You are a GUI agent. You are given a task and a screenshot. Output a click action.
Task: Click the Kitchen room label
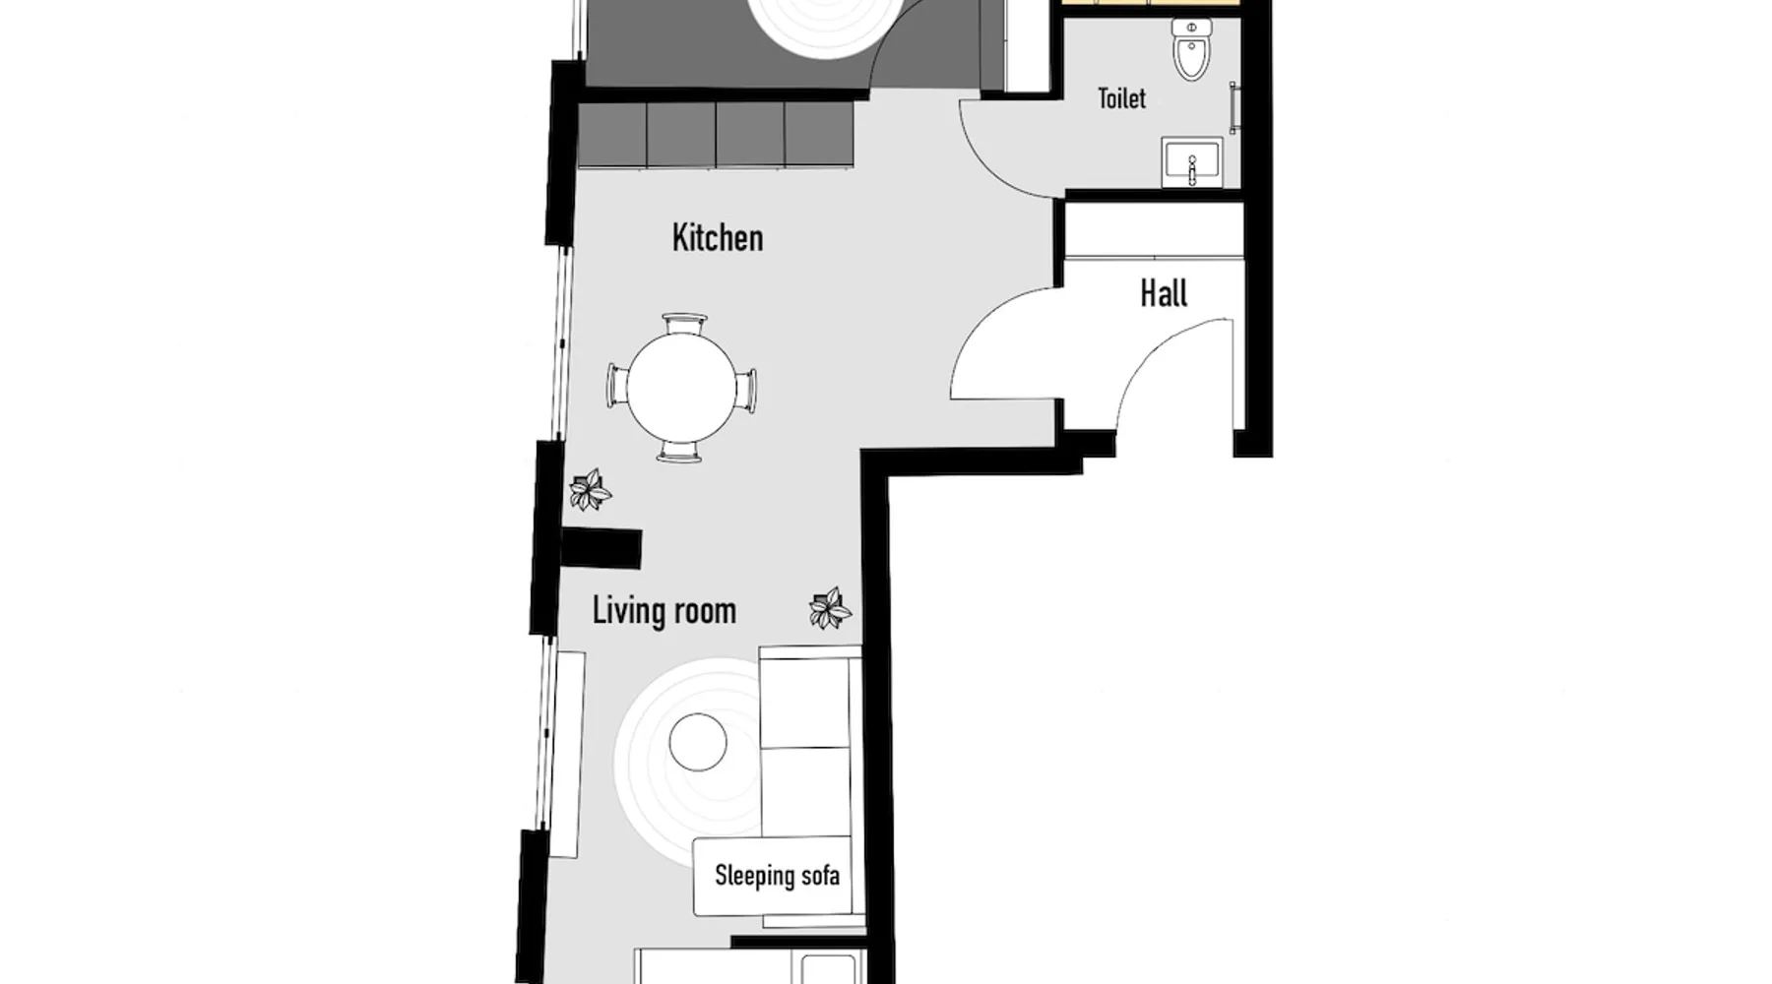coord(718,238)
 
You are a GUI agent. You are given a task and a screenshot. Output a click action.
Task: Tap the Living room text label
coord(664,610)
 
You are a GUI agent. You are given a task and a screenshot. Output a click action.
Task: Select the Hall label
coord(1164,293)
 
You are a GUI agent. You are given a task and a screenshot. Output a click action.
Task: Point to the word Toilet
coord(1122,98)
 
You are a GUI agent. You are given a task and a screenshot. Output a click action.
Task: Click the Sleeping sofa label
coord(777,875)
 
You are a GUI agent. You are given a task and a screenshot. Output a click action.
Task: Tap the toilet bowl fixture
coord(1191,49)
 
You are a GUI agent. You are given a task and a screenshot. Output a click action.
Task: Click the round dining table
coord(682,387)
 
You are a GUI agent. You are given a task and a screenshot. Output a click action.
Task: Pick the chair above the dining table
coord(684,324)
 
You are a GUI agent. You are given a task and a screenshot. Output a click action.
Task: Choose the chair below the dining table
coord(680,451)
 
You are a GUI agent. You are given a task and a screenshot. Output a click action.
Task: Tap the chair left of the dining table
coord(618,386)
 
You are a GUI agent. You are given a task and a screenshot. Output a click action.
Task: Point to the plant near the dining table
coord(590,489)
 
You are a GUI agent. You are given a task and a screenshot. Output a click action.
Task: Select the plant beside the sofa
coord(830,608)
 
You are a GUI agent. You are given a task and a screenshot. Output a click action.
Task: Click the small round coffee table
coord(698,742)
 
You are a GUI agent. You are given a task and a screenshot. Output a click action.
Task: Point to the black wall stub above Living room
coord(601,548)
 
